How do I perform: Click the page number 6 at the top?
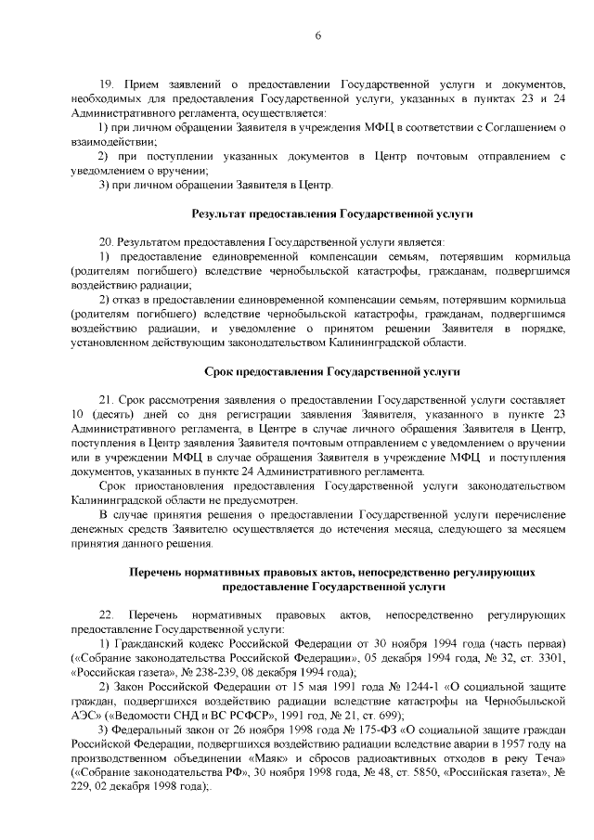(x=317, y=36)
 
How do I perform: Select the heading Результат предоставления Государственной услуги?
(x=332, y=214)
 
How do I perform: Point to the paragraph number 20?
(x=105, y=240)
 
